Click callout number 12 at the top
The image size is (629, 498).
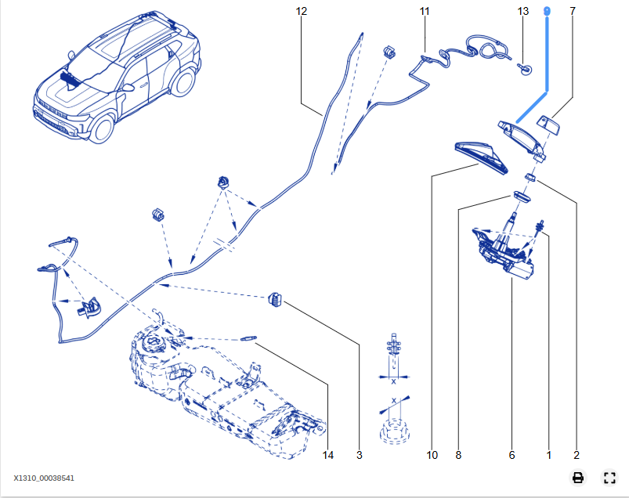pos(302,12)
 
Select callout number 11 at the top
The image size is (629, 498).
pos(425,12)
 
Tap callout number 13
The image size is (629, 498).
pos(523,12)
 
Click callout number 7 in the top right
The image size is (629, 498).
pos(573,12)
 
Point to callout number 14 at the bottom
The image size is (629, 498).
pos(328,455)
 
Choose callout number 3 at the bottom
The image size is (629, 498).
pos(360,455)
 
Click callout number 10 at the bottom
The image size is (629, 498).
pos(432,455)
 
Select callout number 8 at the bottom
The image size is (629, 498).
pos(458,455)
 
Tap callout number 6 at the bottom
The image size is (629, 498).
pos(512,455)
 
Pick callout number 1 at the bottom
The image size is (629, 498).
pos(548,455)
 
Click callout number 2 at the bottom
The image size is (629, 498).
pos(577,455)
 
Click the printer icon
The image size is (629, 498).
pos(578,478)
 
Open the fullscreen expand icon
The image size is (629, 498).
pos(609,478)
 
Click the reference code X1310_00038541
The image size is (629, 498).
pos(44,478)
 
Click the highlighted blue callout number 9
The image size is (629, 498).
pos(548,11)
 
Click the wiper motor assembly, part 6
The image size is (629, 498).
pos(505,251)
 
